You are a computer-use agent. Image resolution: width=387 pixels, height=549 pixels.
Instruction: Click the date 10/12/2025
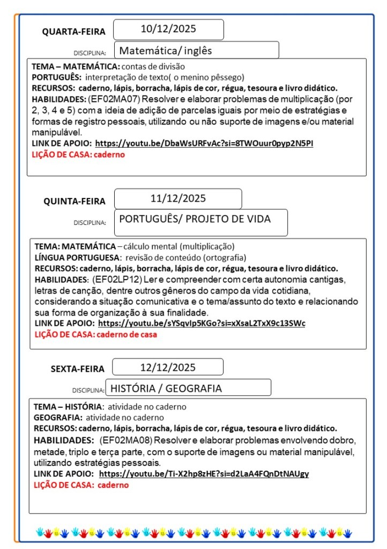point(168,29)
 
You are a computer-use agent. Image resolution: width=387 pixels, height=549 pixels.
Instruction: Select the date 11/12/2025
point(178,198)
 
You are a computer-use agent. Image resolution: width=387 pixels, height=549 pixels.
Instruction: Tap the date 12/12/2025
point(168,368)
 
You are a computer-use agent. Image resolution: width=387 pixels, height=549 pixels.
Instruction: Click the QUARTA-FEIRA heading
point(74,32)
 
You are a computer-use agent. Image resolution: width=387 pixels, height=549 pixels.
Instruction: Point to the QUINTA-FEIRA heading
point(75,201)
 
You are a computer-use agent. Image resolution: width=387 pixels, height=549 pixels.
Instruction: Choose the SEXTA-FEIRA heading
point(78,369)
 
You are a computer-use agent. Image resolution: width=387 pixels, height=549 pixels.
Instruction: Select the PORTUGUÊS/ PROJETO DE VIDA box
point(195,219)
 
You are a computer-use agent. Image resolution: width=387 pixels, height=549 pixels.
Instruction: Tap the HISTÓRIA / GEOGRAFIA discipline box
point(166,388)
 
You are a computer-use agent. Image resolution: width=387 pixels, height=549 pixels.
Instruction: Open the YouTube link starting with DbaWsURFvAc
point(204,143)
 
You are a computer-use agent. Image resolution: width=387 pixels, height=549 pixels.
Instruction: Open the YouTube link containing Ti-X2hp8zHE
point(204,474)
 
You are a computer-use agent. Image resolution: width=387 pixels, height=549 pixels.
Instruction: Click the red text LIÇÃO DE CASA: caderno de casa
point(95,334)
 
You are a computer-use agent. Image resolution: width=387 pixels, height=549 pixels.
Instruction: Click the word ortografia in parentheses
point(225,257)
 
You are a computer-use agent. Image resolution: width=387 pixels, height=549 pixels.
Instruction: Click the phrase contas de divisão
point(153,67)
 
